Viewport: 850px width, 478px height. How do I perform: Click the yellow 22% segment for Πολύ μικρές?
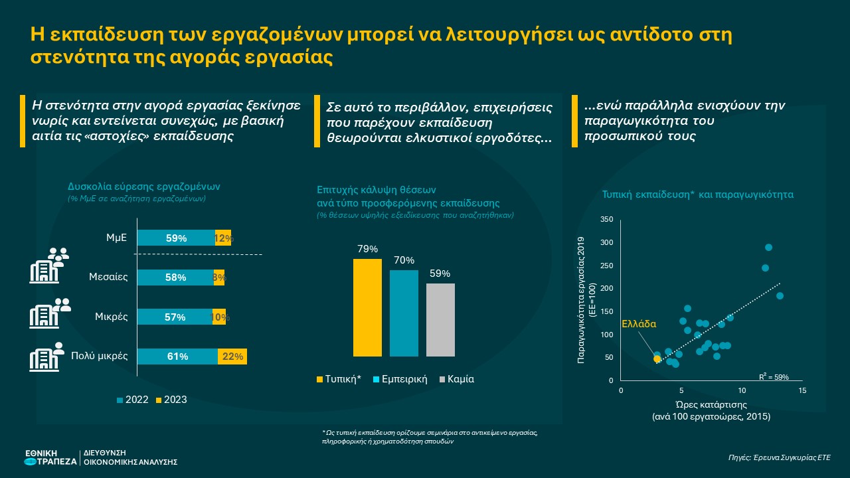point(232,357)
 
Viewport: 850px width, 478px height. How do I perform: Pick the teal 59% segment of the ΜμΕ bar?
point(176,238)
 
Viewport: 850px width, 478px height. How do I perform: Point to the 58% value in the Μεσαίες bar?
point(176,278)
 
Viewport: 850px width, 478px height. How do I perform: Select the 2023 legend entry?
point(171,400)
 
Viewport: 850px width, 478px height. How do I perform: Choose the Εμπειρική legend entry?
point(400,380)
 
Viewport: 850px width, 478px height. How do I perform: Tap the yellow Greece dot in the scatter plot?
point(657,358)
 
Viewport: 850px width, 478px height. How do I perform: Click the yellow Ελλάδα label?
point(638,325)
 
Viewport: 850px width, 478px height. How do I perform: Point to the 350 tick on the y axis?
point(606,219)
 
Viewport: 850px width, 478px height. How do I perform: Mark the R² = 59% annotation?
point(774,377)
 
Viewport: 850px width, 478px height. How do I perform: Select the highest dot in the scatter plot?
point(768,248)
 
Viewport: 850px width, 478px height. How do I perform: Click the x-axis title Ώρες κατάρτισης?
point(711,404)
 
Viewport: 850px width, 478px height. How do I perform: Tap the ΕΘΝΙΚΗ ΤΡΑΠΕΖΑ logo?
point(50,457)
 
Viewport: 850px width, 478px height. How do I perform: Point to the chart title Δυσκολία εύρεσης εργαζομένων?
point(143,187)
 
